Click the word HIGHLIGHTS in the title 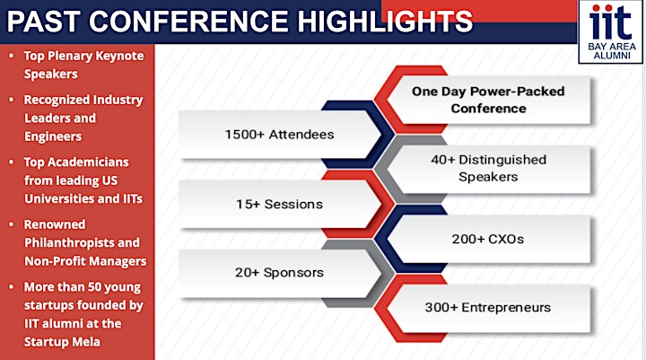click(x=385, y=22)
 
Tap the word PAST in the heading click(x=41, y=22)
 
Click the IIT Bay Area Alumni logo click(x=611, y=31)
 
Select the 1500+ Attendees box click(x=279, y=135)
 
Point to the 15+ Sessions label click(x=279, y=204)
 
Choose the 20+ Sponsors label click(x=279, y=273)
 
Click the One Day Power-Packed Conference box click(x=488, y=100)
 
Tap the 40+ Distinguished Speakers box click(x=488, y=168)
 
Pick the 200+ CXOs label click(x=488, y=239)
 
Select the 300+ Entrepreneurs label click(x=488, y=307)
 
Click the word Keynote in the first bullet click(x=119, y=56)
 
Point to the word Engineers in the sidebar click(x=53, y=136)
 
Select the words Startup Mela click(x=62, y=342)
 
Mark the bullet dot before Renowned click(x=12, y=224)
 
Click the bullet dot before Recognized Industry click(x=12, y=100)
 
